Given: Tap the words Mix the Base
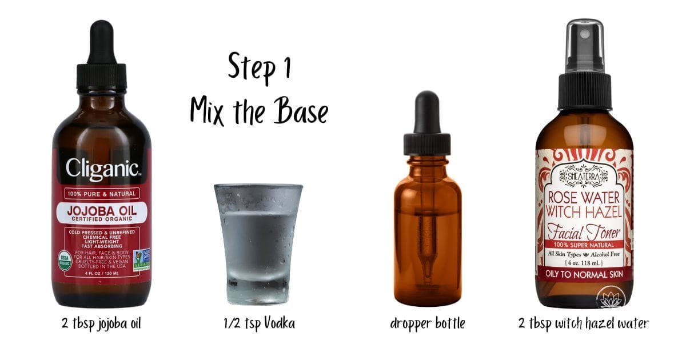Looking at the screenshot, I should (259, 110).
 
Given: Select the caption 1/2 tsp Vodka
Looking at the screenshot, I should (259, 324).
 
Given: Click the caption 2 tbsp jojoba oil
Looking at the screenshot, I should (102, 324).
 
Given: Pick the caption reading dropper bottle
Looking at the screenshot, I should (427, 324).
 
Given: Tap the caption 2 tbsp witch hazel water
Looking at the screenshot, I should (584, 324).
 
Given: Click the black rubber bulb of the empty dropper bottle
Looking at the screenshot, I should (427, 111).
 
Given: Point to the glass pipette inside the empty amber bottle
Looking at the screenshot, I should (427, 240).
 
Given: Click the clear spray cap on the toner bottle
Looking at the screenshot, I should (584, 43).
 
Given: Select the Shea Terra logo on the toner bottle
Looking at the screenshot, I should (584, 174).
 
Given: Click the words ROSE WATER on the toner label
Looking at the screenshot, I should (584, 197).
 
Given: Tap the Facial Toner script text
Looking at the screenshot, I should (584, 233).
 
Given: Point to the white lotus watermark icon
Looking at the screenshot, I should (611, 299).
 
